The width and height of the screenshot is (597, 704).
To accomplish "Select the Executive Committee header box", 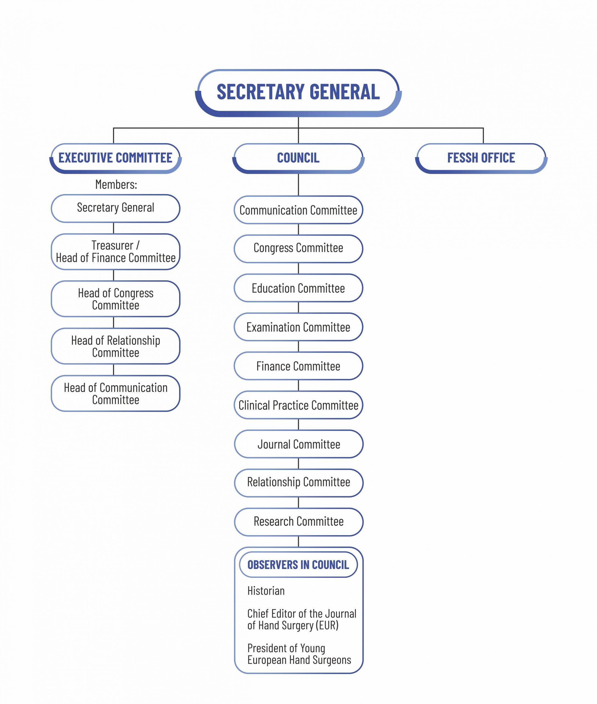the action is [x=115, y=158].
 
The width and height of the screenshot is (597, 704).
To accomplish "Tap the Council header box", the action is [x=298, y=158].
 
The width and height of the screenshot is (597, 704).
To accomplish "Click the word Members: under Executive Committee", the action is [x=116, y=184].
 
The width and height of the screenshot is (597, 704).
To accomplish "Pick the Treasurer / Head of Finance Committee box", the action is [x=115, y=252].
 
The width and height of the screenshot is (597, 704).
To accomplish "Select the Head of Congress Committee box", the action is [x=115, y=299].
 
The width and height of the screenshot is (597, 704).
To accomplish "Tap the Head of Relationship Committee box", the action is [x=115, y=346].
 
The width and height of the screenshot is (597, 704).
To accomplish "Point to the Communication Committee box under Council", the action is [x=298, y=210].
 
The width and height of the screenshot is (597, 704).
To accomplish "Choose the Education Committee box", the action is [x=298, y=288].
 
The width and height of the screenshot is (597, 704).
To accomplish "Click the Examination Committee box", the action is [x=298, y=327].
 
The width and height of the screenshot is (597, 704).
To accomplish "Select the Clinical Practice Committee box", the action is [x=298, y=405].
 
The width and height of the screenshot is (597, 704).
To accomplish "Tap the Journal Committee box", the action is [x=298, y=444].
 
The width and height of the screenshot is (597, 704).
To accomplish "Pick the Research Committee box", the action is [x=298, y=522].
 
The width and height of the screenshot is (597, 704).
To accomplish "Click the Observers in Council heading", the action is [x=298, y=565].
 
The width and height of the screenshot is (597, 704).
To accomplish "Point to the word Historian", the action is [x=266, y=591].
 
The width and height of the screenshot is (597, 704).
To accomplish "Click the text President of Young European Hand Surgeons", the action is [x=299, y=654].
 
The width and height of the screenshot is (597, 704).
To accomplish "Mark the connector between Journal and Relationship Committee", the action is [x=298, y=463].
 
